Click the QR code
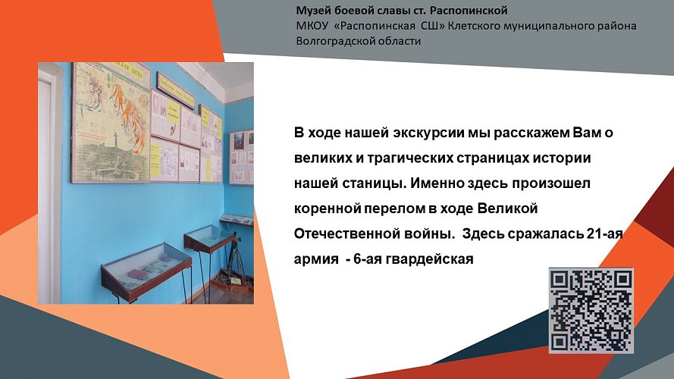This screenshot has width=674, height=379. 591,310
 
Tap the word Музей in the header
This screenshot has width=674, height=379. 314,11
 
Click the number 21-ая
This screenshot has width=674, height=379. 603,233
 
